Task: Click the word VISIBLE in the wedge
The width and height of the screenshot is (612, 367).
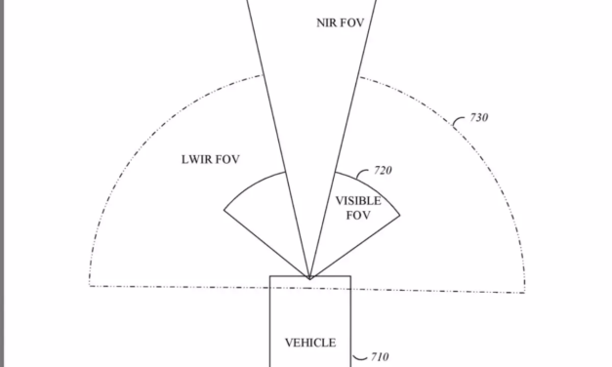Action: [358, 201]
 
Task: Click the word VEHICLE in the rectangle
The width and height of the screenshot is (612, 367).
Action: [309, 343]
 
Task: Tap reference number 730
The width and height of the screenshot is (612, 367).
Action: [478, 118]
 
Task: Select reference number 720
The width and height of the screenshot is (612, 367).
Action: [384, 170]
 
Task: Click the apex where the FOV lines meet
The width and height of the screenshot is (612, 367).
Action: [309, 277]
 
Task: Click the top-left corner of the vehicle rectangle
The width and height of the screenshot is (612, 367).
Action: [270, 276]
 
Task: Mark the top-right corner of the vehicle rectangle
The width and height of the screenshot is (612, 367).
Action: [349, 276]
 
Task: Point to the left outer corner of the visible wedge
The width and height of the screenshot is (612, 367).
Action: [224, 209]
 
